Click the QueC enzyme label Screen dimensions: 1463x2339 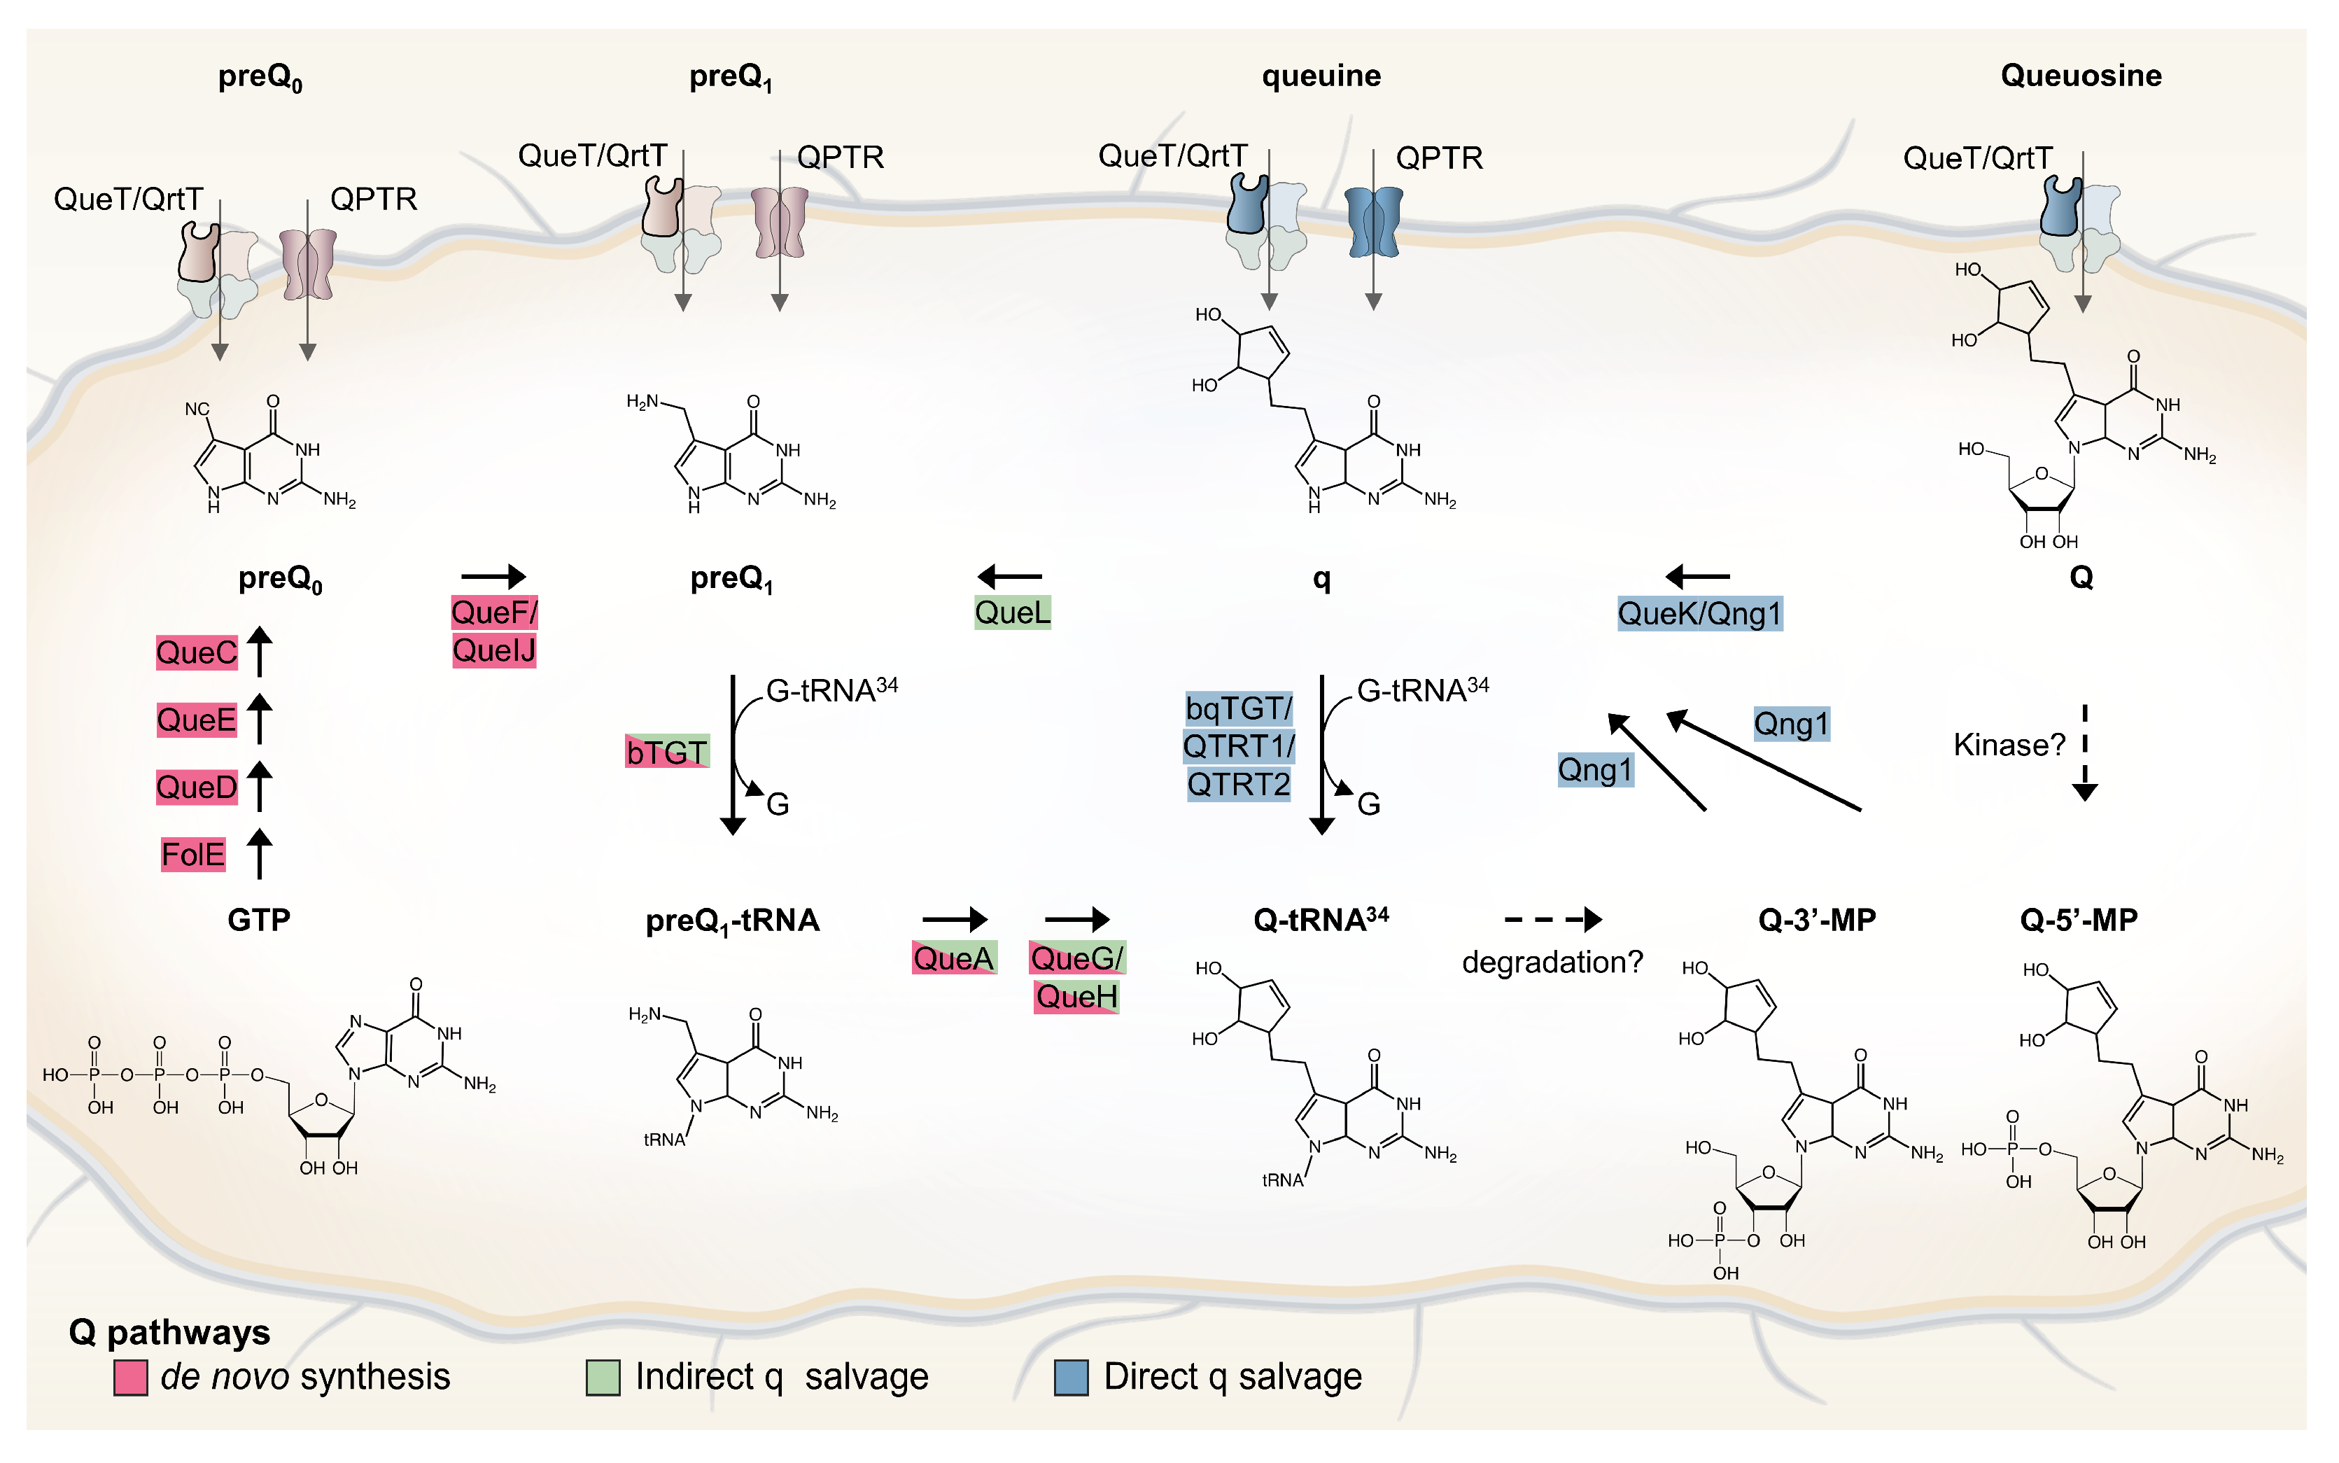tap(197, 653)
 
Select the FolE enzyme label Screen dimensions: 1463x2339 tap(192, 855)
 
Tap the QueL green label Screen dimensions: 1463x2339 tap(1012, 612)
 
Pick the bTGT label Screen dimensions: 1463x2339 tap(666, 752)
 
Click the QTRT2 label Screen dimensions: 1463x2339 tap(1238, 785)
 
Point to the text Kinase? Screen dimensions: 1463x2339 tap(2008, 745)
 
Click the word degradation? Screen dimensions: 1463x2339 tap(1552, 962)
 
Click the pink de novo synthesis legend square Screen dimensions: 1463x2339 tap(131, 1378)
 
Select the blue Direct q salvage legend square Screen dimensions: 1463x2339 tap(1071, 1378)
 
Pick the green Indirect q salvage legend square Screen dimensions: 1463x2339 tap(603, 1378)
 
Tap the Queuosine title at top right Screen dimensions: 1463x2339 tap(2080, 76)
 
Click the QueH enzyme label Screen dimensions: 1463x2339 tap(1076, 997)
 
